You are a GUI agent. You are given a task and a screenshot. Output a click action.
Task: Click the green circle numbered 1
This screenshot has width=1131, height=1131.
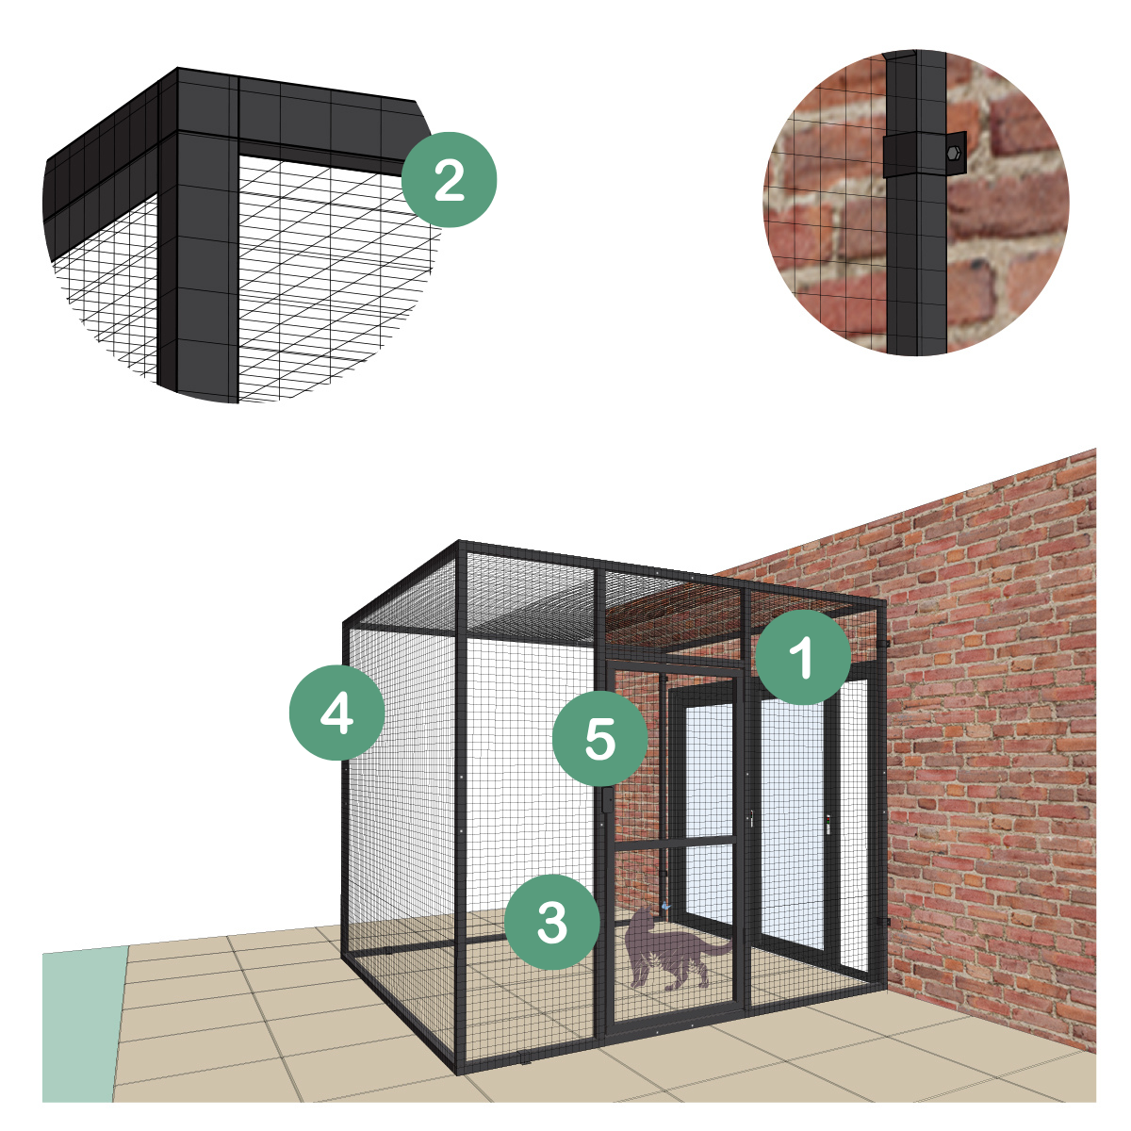click(x=802, y=657)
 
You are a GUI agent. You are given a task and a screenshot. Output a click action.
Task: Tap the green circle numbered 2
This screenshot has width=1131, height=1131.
click(x=449, y=180)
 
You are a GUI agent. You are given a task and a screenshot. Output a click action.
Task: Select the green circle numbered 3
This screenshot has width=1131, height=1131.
click(x=551, y=922)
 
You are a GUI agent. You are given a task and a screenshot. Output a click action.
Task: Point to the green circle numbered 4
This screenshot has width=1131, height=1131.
click(x=336, y=713)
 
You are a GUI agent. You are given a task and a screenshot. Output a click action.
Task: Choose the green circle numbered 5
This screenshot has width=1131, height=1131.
click(x=599, y=739)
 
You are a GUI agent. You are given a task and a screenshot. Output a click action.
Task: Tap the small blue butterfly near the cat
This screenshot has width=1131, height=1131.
click(x=664, y=906)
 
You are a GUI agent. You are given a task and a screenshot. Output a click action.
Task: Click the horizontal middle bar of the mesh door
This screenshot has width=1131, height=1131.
click(x=674, y=843)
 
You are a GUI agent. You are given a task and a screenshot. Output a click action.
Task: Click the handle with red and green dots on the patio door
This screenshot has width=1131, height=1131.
click(x=828, y=825)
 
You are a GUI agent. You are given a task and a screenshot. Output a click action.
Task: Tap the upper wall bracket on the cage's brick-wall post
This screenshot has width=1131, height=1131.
click(x=886, y=644)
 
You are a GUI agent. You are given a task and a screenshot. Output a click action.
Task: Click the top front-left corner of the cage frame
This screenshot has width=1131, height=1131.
click(x=459, y=541)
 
